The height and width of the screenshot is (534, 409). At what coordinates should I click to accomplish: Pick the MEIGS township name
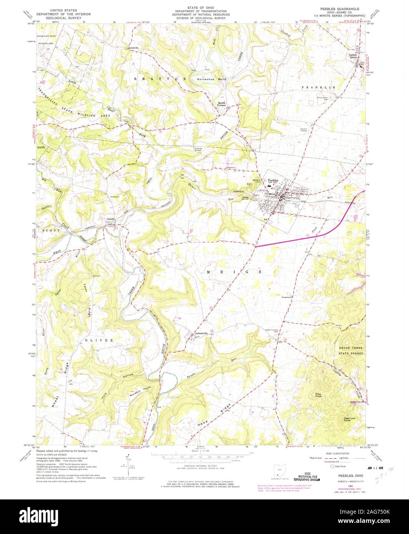[x=234, y=272]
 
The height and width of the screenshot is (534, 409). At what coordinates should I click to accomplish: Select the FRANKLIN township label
[x=319, y=88]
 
